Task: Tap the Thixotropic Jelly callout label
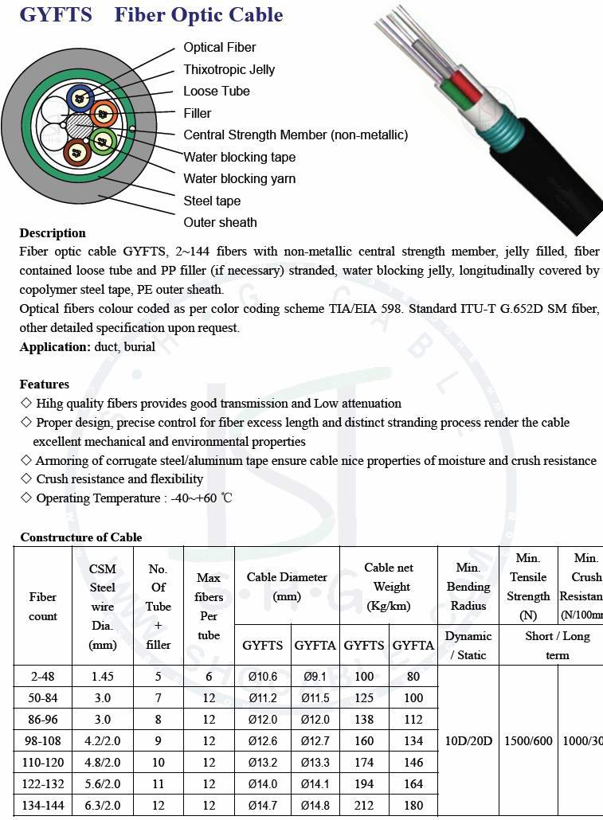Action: click(229, 69)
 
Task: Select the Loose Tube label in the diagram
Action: click(217, 91)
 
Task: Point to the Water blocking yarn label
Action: click(240, 178)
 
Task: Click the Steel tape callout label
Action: click(212, 201)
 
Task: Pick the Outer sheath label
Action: click(221, 222)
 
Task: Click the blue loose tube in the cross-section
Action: click(80, 98)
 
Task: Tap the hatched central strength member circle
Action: click(80, 126)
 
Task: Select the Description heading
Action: click(53, 233)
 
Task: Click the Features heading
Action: click(45, 384)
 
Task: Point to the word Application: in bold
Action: click(55, 347)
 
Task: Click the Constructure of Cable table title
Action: click(81, 537)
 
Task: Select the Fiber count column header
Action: click(43, 607)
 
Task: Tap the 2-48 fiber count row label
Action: click(43, 677)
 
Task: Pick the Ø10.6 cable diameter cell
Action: click(263, 677)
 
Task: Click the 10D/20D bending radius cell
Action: click(468, 741)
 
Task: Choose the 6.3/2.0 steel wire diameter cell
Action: click(103, 806)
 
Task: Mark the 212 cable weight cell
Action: click(364, 806)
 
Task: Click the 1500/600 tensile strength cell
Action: click(529, 741)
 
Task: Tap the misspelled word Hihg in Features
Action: click(52, 404)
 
